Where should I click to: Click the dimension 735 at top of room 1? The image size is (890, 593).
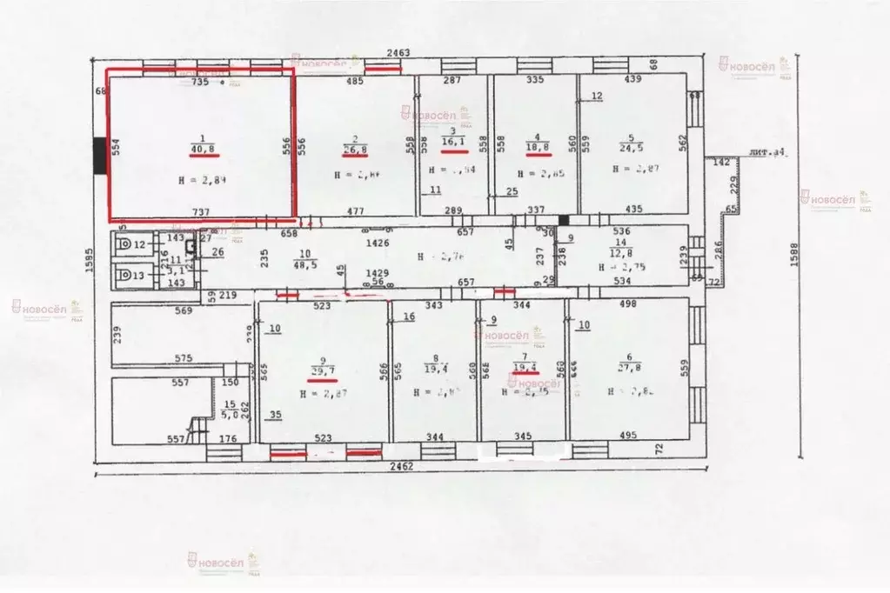(200, 81)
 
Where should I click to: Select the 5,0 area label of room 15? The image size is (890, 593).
(230, 415)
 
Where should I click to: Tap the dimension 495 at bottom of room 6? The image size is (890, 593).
(626, 435)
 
